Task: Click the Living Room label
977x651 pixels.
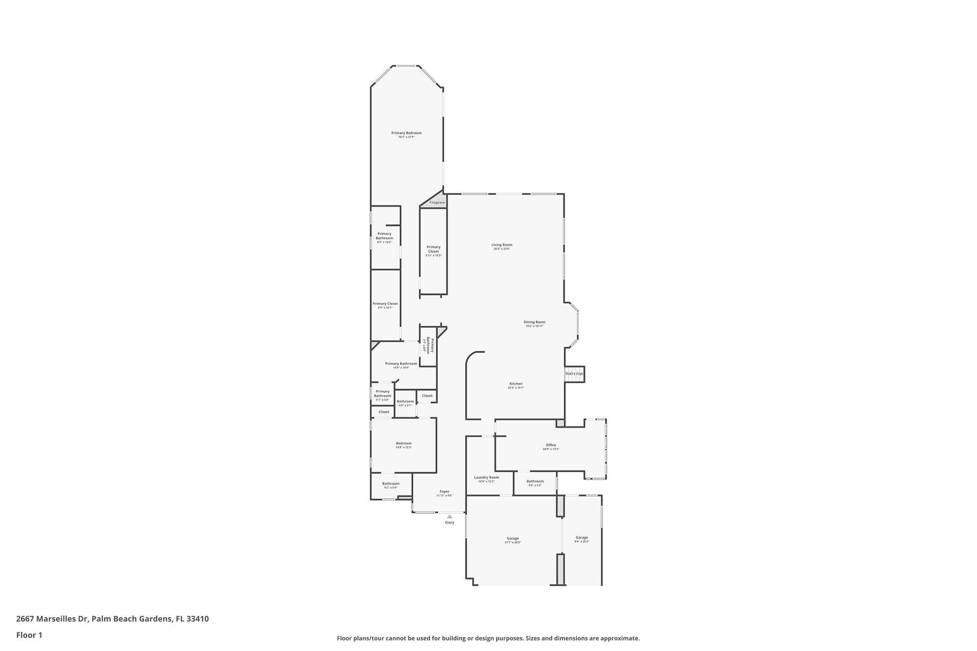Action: pyautogui.click(x=501, y=245)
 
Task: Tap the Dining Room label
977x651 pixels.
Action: pyautogui.click(x=534, y=322)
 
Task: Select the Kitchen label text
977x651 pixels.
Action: pyautogui.click(x=516, y=384)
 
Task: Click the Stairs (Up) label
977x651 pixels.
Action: pyautogui.click(x=574, y=373)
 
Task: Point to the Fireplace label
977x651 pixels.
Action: pyautogui.click(x=437, y=203)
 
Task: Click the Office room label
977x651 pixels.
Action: pyautogui.click(x=551, y=445)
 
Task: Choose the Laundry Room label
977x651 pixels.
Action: pyautogui.click(x=486, y=477)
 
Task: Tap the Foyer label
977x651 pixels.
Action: pyautogui.click(x=444, y=492)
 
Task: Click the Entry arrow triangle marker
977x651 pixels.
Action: pyautogui.click(x=449, y=516)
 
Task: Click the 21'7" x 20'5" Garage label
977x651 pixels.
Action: pyautogui.click(x=512, y=538)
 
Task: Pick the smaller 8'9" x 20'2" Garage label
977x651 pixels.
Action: pyautogui.click(x=582, y=537)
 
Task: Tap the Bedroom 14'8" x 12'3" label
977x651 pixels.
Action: pyautogui.click(x=403, y=444)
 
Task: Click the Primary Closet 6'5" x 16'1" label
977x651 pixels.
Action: pyautogui.click(x=385, y=304)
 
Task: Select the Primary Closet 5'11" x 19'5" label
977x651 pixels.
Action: pyautogui.click(x=433, y=249)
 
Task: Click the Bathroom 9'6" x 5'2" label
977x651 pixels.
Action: pyautogui.click(x=535, y=481)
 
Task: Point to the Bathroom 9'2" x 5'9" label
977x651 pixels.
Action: pyautogui.click(x=390, y=484)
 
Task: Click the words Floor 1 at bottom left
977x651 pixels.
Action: pyautogui.click(x=29, y=635)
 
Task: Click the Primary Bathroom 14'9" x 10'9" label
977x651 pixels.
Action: pyautogui.click(x=401, y=364)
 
